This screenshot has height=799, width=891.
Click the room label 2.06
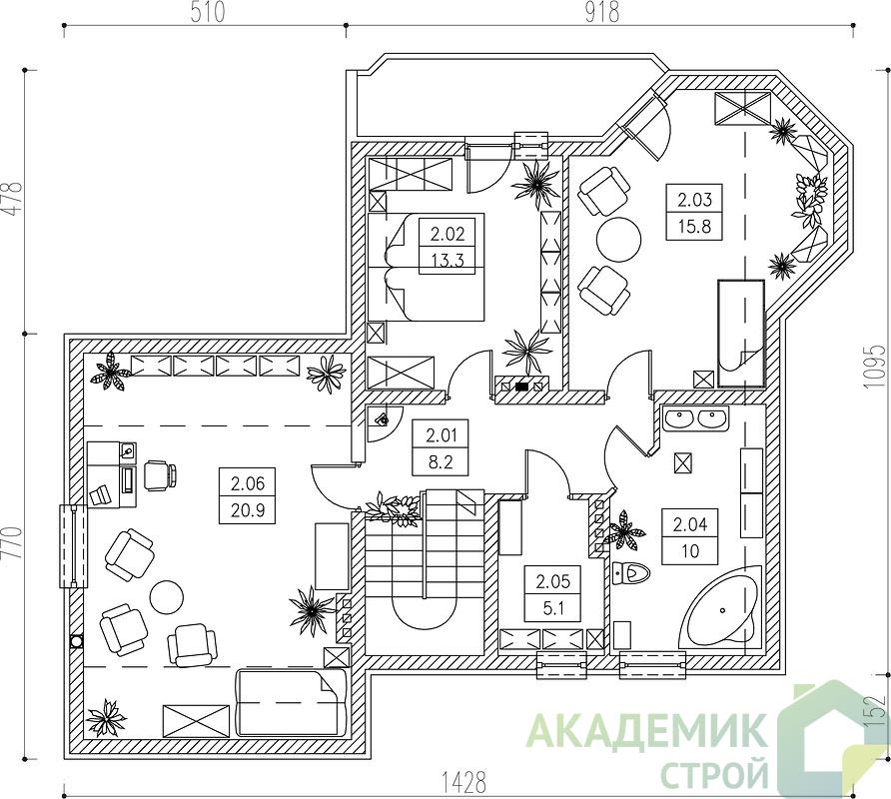pyautogui.click(x=247, y=483)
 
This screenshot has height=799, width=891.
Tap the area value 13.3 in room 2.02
pyautogui.click(x=447, y=261)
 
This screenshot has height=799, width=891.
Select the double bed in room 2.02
pyautogui.click(x=426, y=267)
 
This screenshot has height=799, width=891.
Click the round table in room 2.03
pyautogui.click(x=619, y=239)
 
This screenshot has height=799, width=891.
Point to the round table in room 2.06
pyautogui.click(x=167, y=596)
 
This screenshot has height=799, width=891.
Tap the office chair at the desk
pyautogui.click(x=159, y=475)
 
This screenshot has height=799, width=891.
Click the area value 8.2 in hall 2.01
pyautogui.click(x=441, y=462)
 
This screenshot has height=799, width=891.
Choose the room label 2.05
pyautogui.click(x=553, y=582)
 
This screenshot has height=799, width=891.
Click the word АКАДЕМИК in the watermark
pyautogui.click(x=646, y=730)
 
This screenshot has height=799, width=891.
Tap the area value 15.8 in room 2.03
pyautogui.click(x=694, y=227)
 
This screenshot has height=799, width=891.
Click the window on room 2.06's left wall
pyautogui.click(x=74, y=546)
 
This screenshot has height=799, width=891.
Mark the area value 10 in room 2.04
pyautogui.click(x=690, y=550)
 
